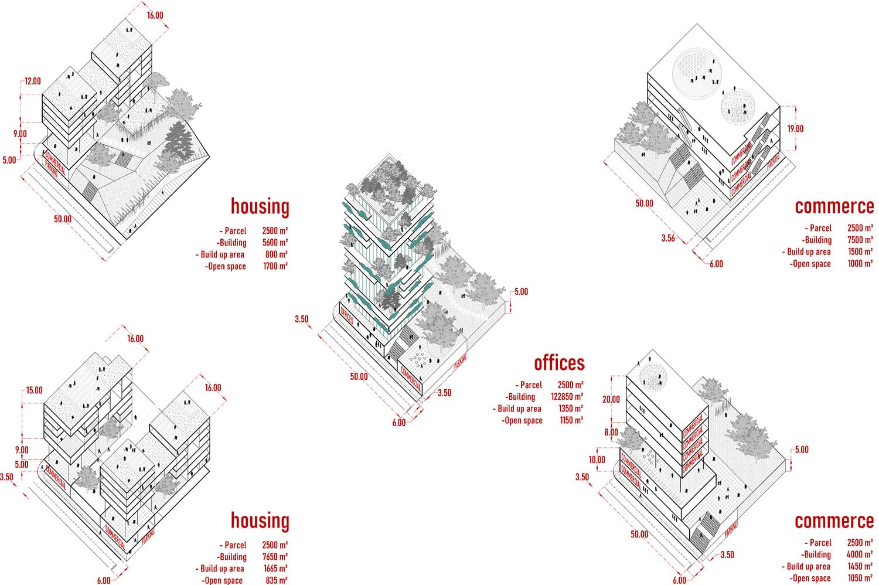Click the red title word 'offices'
tap(559, 363)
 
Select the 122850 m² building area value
tap(567, 397)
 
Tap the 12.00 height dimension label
tap(33, 81)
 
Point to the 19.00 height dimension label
tap(795, 129)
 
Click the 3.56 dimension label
tap(668, 238)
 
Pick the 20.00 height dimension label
tap(611, 399)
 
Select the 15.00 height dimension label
tap(34, 390)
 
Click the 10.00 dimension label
tap(597, 460)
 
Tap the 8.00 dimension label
tap(611, 433)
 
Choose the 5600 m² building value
tap(274, 243)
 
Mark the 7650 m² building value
tap(274, 557)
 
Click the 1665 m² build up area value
tap(274, 569)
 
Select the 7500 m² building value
tap(860, 240)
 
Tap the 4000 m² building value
tap(860, 555)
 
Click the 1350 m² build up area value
tap(570, 409)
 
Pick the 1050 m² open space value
tap(860, 578)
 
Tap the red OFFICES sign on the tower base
tap(347, 317)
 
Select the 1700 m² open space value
tap(274, 266)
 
